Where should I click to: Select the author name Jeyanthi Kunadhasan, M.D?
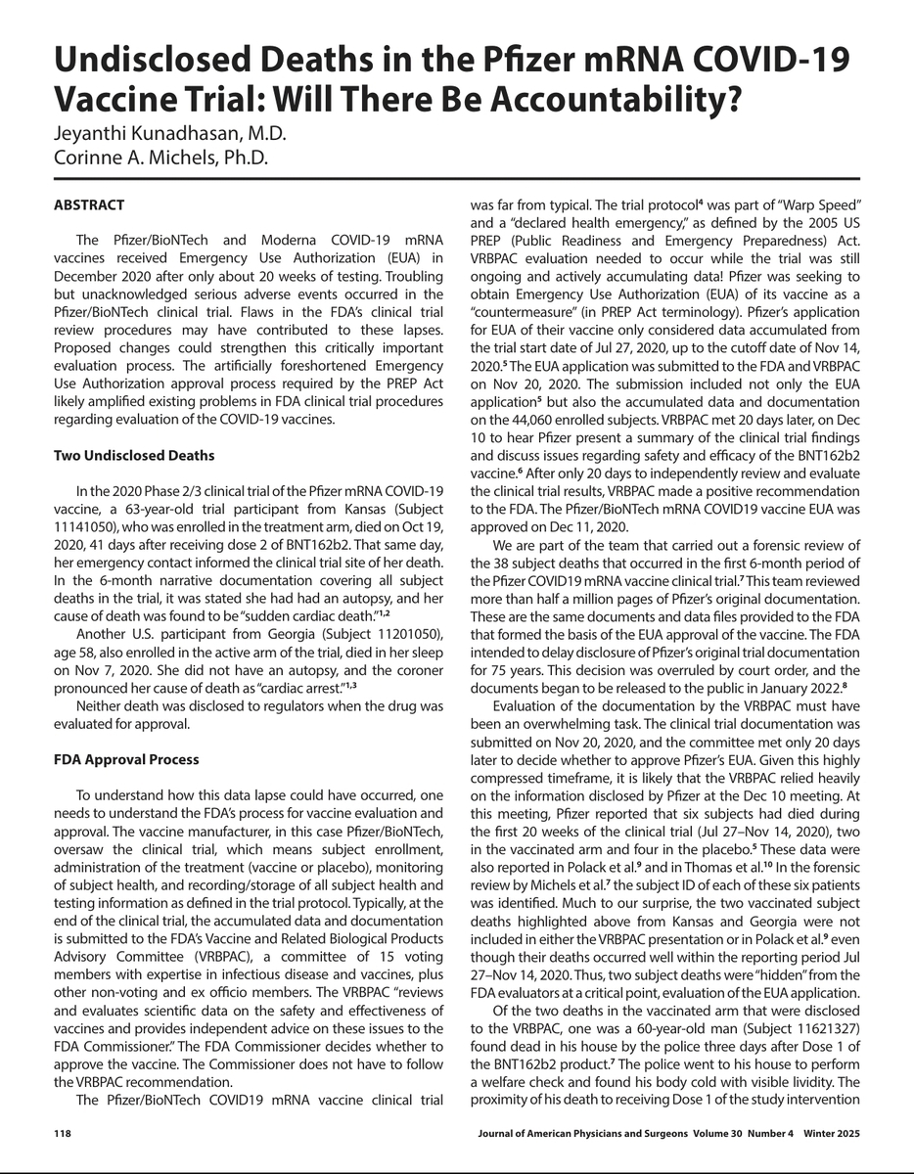(x=167, y=136)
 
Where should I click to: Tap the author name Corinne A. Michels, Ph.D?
(x=160, y=158)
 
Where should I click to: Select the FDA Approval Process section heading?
(x=126, y=759)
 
